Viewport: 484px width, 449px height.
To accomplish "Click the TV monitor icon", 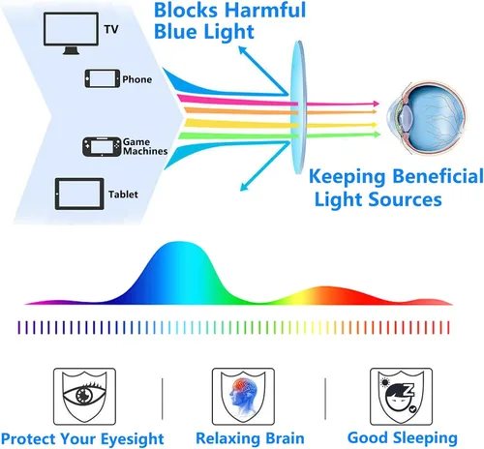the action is click(x=71, y=33).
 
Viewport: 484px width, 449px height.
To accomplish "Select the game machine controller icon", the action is click(x=102, y=147).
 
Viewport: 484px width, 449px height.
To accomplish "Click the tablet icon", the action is click(x=79, y=194).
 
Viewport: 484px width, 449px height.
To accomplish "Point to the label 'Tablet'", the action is click(x=123, y=195).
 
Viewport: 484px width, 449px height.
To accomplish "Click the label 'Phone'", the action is click(x=136, y=79).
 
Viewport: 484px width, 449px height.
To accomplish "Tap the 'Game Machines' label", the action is click(x=145, y=146).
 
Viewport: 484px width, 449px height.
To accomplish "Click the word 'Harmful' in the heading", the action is click(x=265, y=10).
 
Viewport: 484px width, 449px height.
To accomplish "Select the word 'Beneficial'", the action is click(x=439, y=177).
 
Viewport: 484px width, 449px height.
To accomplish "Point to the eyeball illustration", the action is click(x=427, y=118).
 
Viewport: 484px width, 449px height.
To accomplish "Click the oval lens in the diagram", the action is click(x=298, y=107).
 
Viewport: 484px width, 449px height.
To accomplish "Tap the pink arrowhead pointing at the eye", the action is click(x=377, y=104).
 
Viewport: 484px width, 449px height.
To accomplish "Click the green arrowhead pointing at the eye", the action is click(x=378, y=135).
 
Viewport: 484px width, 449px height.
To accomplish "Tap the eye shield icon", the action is click(x=84, y=396).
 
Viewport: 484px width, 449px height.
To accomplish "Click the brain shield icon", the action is click(x=243, y=396).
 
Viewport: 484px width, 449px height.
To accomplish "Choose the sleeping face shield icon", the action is click(x=401, y=396).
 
